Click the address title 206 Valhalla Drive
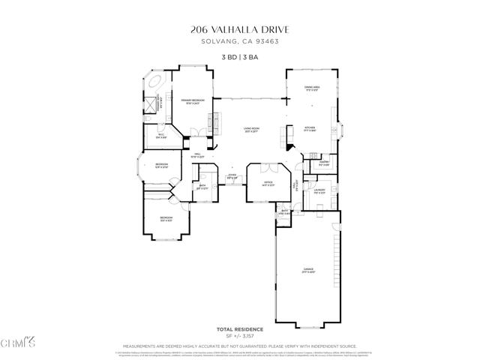[x=239, y=30]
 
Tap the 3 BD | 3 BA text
[x=239, y=57]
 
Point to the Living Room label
[x=250, y=129]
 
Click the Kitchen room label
[x=310, y=128]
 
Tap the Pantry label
[x=324, y=162]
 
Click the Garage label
[x=308, y=271]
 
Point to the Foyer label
[x=232, y=177]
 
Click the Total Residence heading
[x=239, y=328]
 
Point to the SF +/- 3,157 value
[x=239, y=335]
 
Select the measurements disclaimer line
[x=239, y=346]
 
